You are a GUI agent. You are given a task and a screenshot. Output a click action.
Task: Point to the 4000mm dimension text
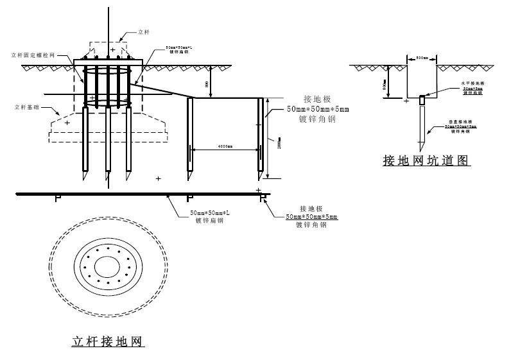click(x=225, y=147)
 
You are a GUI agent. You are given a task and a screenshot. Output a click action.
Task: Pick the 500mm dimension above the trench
click(x=422, y=58)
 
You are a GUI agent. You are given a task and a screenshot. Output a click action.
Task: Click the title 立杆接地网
click(x=107, y=341)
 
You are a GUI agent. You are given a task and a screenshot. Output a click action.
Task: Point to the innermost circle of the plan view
click(x=107, y=266)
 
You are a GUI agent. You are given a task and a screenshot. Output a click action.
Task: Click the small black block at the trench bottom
click(x=422, y=100)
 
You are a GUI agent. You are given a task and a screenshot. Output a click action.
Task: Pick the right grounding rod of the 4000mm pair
click(x=261, y=138)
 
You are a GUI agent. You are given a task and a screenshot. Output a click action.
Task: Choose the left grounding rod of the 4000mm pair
click(x=190, y=138)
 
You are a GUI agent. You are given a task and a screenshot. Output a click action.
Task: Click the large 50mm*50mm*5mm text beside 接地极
click(x=318, y=110)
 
